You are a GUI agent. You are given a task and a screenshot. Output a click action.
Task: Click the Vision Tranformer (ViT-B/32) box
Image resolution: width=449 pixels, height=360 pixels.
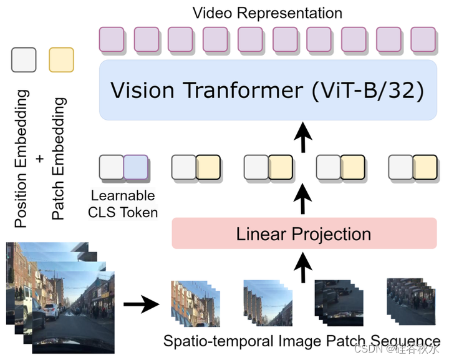click(x=268, y=90)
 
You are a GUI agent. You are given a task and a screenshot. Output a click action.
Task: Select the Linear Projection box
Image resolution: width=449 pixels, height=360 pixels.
click(x=304, y=235)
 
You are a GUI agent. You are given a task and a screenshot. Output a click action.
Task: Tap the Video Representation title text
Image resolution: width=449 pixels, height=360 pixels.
click(x=268, y=12)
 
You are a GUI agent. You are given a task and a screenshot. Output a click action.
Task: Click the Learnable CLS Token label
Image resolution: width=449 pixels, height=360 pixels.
click(x=123, y=203)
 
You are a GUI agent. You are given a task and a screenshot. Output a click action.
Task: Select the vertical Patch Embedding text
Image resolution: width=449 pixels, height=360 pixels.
click(x=59, y=162)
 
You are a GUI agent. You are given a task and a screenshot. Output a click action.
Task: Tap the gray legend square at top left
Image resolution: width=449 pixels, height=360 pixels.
click(x=24, y=59)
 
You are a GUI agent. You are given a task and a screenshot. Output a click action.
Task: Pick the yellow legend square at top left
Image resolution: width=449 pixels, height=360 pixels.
click(x=61, y=59)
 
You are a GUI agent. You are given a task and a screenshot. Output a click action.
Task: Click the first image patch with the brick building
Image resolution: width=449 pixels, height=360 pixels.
click(x=190, y=305)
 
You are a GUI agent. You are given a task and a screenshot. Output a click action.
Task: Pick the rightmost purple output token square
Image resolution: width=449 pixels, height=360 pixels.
click(x=422, y=39)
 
